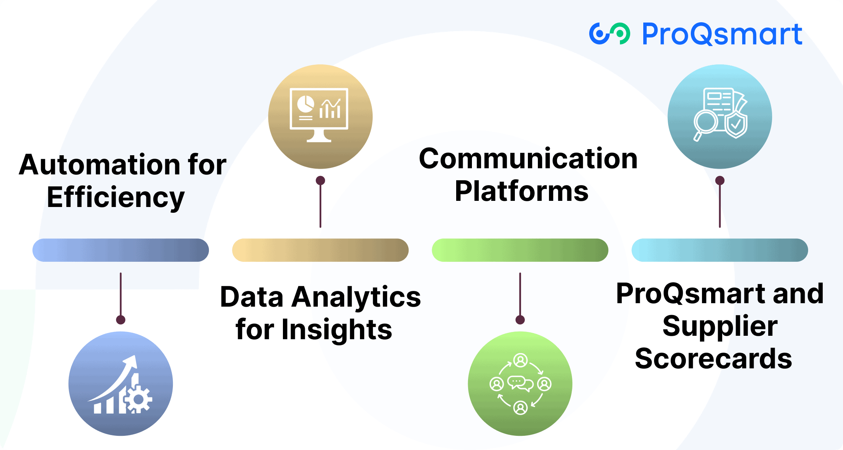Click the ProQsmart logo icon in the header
[x=609, y=34]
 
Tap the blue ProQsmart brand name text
[x=722, y=34]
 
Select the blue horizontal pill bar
[x=120, y=250]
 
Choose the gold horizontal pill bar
[x=320, y=250]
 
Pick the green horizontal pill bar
[x=520, y=250]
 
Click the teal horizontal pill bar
[x=720, y=250]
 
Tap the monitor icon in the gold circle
[x=319, y=114]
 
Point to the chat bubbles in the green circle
[x=520, y=383]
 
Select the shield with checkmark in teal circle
[x=736, y=123]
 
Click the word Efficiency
[x=116, y=197]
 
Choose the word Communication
[x=528, y=159]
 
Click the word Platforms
[x=521, y=191]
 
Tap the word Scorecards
[x=713, y=359]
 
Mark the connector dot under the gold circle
[x=320, y=181]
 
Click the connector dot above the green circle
[x=520, y=320]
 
